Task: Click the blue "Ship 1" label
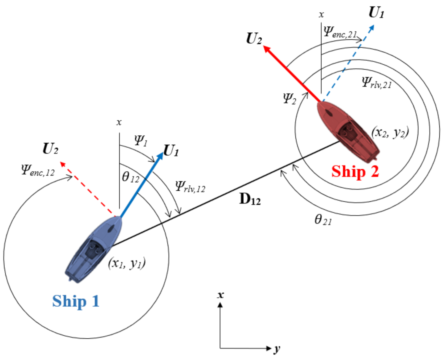click(x=76, y=301)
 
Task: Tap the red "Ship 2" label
click(x=355, y=171)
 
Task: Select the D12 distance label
click(x=250, y=199)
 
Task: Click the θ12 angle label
click(x=131, y=177)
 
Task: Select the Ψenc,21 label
click(x=340, y=32)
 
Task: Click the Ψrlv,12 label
click(x=190, y=187)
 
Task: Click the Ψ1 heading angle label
click(x=141, y=140)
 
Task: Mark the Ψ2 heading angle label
click(x=290, y=98)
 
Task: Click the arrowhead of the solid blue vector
click(x=160, y=155)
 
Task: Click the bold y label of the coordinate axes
click(x=277, y=349)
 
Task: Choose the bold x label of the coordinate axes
click(x=220, y=295)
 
